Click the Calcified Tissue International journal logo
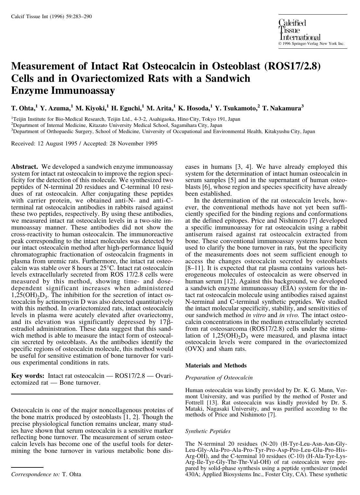299,30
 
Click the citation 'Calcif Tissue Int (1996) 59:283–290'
51,17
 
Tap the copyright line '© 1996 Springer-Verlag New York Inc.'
311,43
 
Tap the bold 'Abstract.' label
25,167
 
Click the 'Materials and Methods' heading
216,365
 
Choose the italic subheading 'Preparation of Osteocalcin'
218,377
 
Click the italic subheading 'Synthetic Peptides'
208,431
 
